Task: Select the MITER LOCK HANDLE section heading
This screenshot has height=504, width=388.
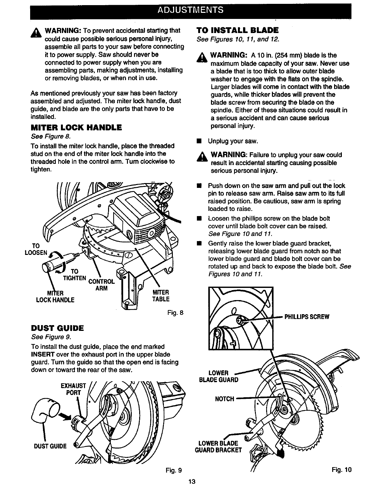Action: [76, 128]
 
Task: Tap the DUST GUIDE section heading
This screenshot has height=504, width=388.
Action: [57, 328]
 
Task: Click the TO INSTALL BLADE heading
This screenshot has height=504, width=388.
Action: [237, 30]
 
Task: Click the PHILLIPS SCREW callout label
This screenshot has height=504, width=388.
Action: [307, 317]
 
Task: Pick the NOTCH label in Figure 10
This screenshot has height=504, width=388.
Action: [224, 399]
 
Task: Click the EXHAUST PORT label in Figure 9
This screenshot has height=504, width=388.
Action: [73, 389]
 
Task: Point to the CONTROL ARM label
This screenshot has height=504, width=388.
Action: [101, 285]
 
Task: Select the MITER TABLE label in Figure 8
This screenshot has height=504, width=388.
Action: [161, 296]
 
